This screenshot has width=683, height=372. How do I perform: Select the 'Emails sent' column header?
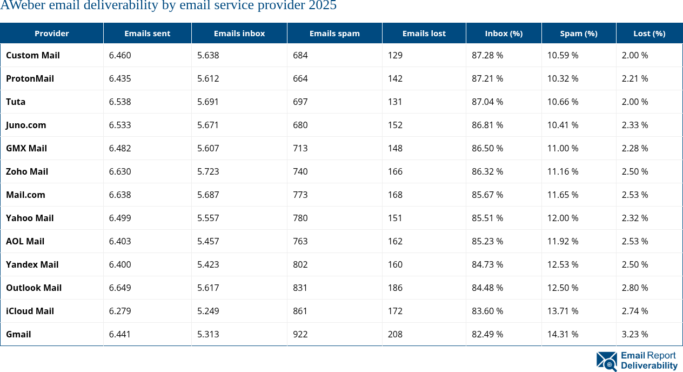click(147, 34)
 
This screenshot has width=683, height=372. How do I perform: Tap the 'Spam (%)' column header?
click(578, 34)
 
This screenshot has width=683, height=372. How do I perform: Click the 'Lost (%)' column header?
click(649, 34)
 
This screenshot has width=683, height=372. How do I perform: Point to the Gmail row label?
click(18, 334)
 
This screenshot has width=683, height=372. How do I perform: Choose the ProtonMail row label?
click(30, 78)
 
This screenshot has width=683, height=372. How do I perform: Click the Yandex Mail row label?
click(32, 264)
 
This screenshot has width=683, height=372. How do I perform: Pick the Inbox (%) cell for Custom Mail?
click(487, 55)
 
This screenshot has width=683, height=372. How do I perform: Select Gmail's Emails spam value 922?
click(300, 334)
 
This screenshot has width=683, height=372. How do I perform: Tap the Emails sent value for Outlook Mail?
click(120, 288)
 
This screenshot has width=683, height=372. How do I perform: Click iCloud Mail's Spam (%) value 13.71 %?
click(563, 311)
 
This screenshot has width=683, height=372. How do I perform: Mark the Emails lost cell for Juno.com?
click(395, 125)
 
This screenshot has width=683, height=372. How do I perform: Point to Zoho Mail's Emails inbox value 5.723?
click(208, 171)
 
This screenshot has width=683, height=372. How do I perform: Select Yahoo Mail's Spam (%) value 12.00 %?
click(563, 218)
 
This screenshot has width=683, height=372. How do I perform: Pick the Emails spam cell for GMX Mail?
click(300, 148)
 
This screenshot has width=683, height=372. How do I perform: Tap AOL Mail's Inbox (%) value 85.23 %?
click(487, 241)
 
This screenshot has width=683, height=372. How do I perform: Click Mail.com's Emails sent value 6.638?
click(120, 195)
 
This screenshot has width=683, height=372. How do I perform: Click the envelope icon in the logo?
click(606, 361)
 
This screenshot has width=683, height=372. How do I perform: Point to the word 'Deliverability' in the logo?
click(649, 366)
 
